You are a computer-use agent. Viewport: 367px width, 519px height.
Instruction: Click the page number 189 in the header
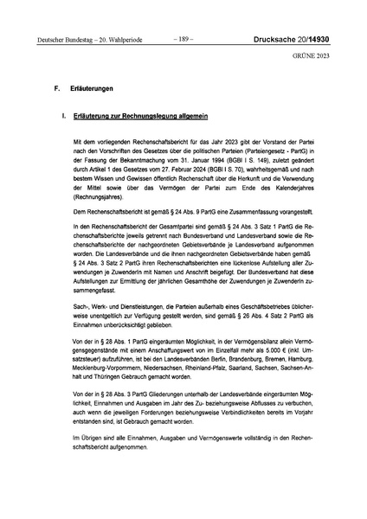tap(183, 39)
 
